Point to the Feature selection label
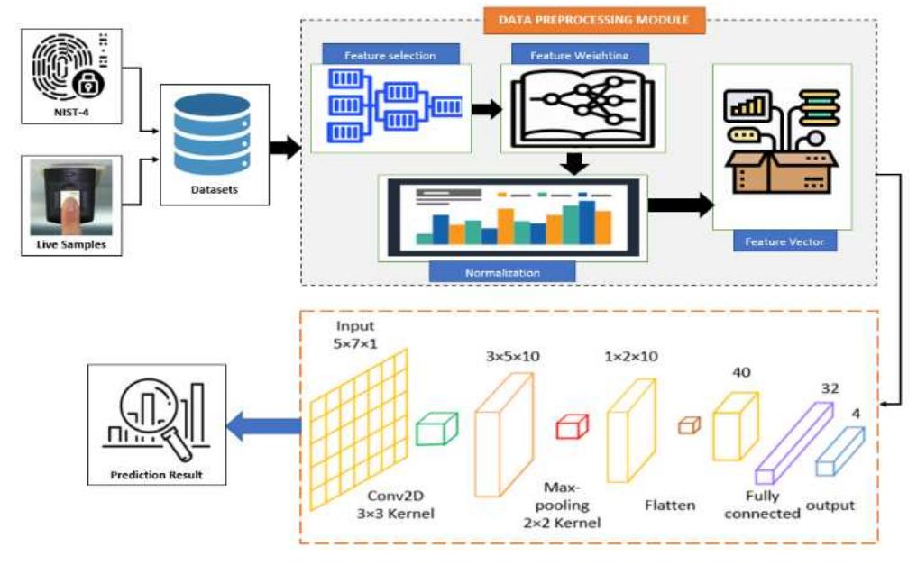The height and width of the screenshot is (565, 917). pyautogui.click(x=390, y=56)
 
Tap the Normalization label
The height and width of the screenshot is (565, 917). pyautogui.click(x=502, y=271)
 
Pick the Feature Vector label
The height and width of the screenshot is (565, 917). pyautogui.click(x=784, y=242)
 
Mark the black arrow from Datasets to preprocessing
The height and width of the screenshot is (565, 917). pyautogui.click(x=285, y=148)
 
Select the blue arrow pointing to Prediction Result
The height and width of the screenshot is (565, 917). pyautogui.click(x=262, y=427)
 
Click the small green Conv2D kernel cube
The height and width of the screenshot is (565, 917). pyautogui.click(x=437, y=427)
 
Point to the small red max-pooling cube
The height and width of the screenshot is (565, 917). pyautogui.click(x=572, y=425)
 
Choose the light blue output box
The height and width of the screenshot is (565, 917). pyautogui.click(x=839, y=451)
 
